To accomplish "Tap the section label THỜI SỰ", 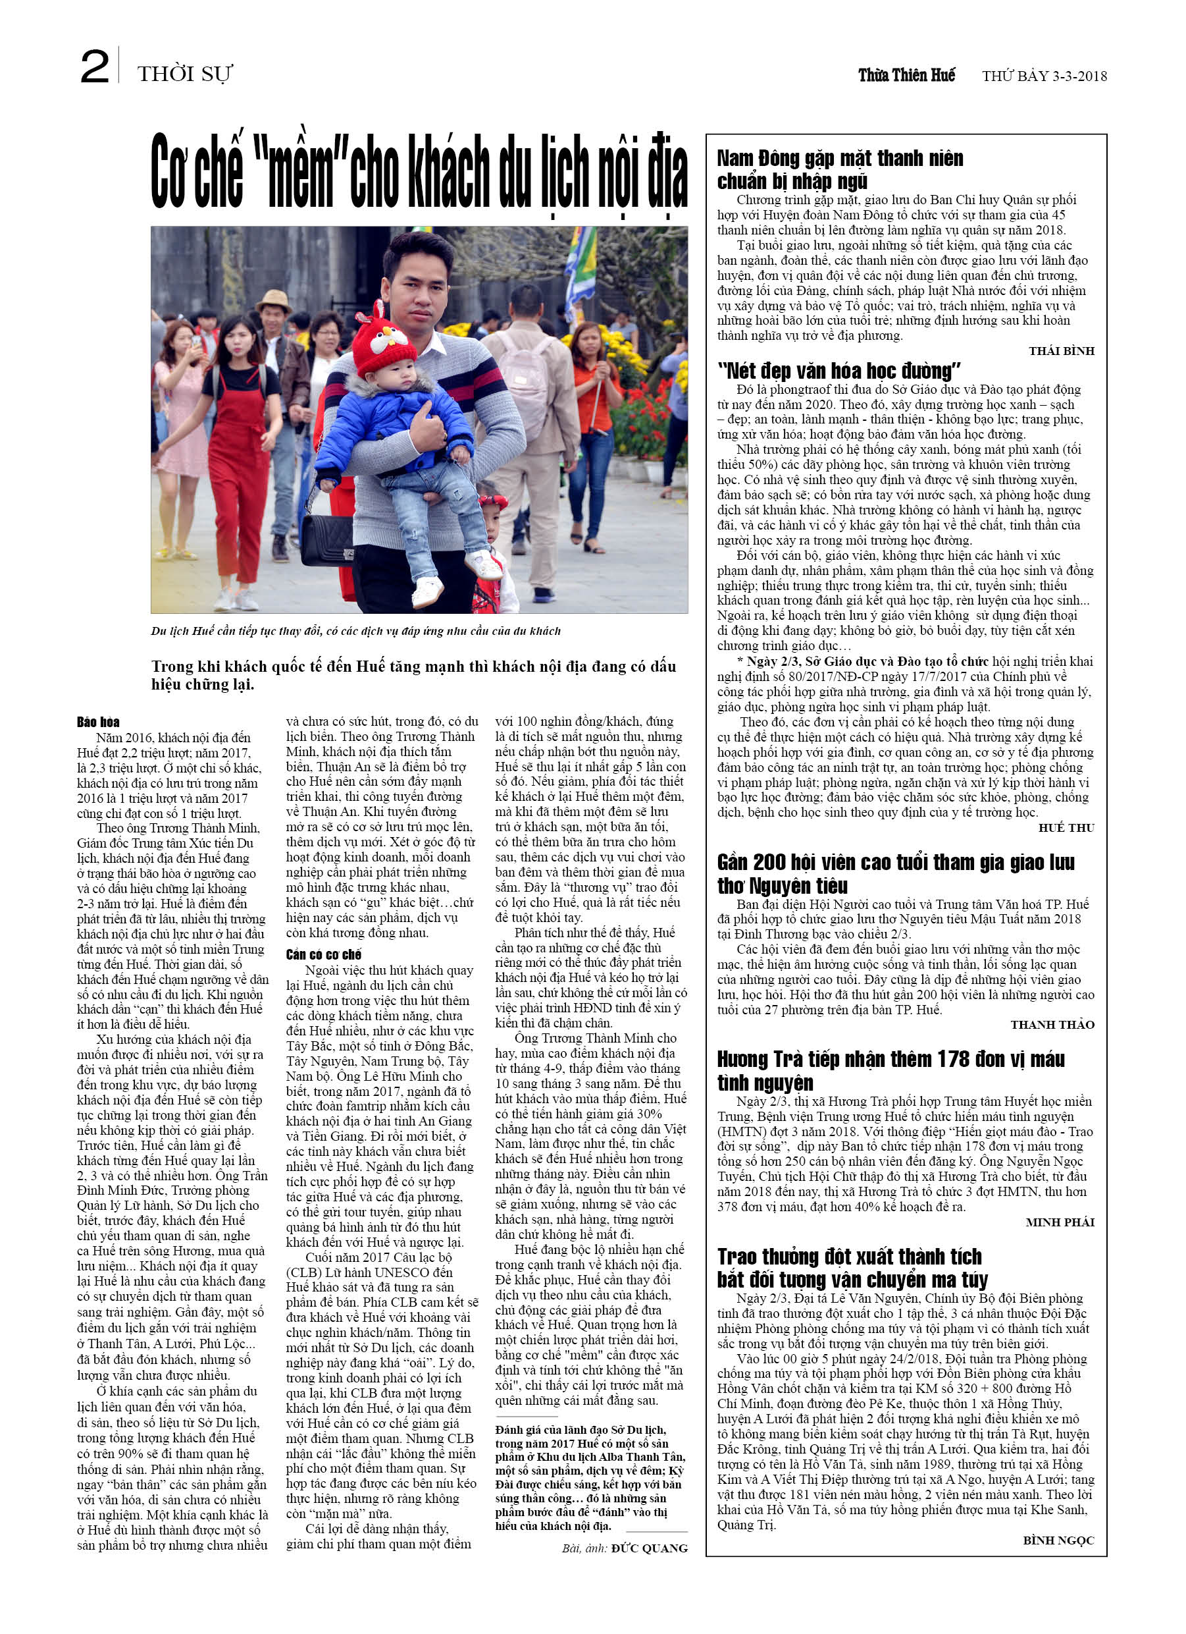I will pyautogui.click(x=184, y=74).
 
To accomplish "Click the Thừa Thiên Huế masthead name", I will pyautogui.click(x=906, y=75).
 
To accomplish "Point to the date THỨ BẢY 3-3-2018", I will pyautogui.click(x=1043, y=76).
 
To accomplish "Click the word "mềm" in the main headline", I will pyautogui.click(x=301, y=173).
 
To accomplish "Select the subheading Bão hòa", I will pyautogui.click(x=99, y=722).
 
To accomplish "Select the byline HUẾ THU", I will pyautogui.click(x=1066, y=828).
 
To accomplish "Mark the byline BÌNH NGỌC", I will pyautogui.click(x=1058, y=1540).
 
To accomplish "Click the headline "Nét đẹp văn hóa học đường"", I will pyautogui.click(x=839, y=371).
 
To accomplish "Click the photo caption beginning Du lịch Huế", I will pyautogui.click(x=355, y=631).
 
